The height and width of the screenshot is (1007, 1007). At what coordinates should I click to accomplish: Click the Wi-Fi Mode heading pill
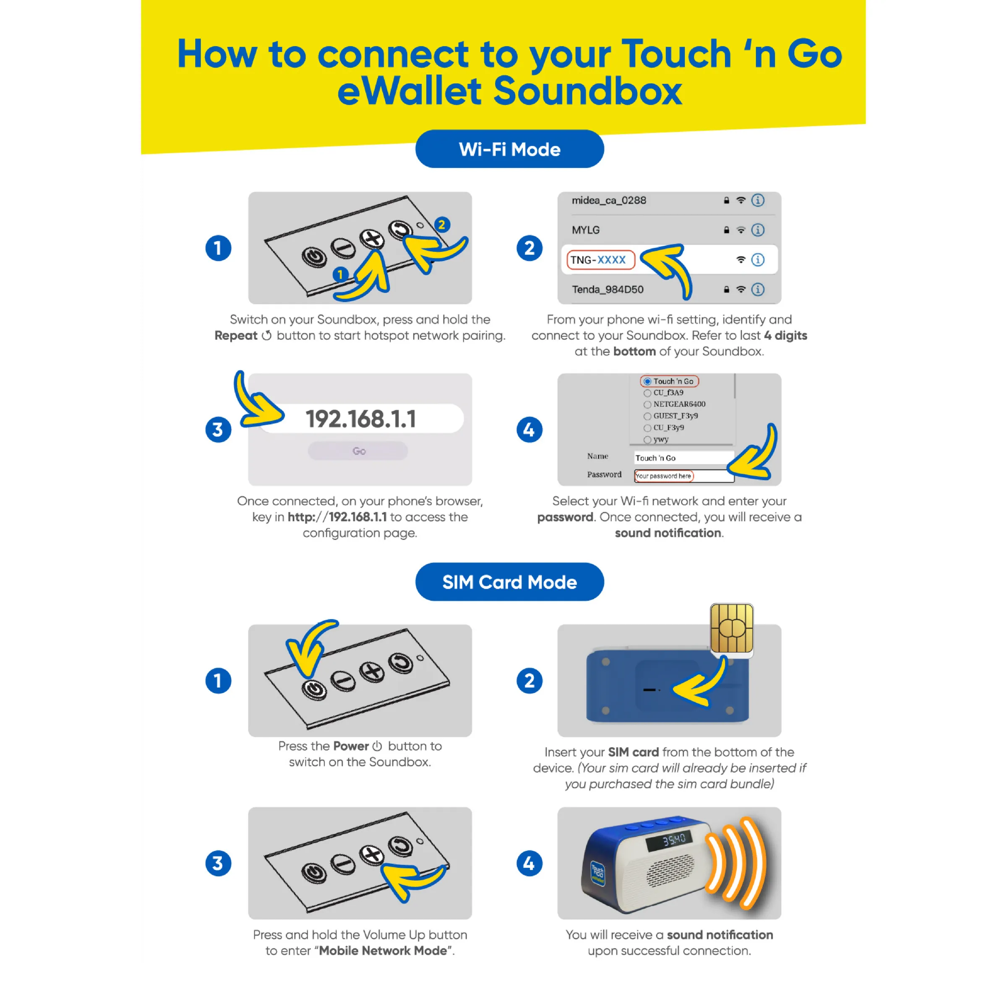[509, 149]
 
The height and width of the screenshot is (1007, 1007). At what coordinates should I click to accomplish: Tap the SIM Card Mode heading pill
[509, 582]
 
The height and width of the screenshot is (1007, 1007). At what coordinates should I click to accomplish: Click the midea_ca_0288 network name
[609, 200]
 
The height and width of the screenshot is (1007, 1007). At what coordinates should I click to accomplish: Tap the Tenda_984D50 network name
[608, 289]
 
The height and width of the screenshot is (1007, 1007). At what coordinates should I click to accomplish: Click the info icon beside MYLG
[758, 230]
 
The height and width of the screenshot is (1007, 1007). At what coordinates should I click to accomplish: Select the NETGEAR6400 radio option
[647, 404]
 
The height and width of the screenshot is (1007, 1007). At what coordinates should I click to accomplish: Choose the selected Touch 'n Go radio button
[647, 381]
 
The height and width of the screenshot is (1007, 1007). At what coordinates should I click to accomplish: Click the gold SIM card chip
[732, 629]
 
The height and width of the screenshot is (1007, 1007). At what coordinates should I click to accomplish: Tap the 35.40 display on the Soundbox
[674, 840]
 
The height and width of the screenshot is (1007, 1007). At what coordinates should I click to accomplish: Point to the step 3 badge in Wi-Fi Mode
[218, 430]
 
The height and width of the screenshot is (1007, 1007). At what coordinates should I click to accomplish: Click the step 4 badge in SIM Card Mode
[530, 863]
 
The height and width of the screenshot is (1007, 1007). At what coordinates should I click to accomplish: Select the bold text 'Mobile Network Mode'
[383, 951]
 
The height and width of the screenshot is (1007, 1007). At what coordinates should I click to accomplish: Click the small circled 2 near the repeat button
[442, 224]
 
